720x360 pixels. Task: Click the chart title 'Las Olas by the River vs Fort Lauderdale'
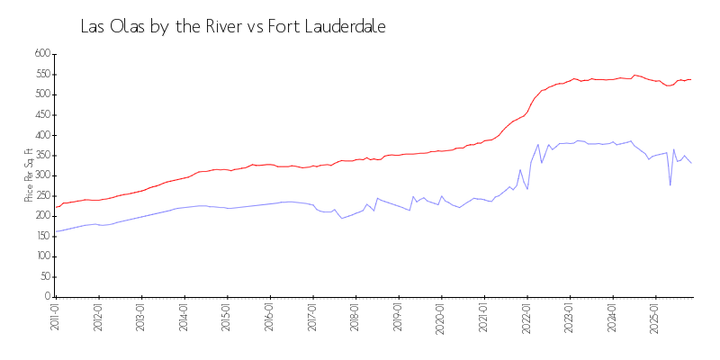233,27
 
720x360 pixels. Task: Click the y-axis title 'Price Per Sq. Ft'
29,176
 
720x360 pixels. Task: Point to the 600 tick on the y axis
40,54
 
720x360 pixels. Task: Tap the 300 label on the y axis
40,175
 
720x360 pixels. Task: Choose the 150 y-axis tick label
40,237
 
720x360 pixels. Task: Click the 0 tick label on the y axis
47,297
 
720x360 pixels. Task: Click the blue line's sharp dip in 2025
670,185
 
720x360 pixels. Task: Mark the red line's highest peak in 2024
634,76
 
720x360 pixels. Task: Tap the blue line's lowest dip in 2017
341,218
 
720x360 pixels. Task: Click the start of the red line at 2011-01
56,207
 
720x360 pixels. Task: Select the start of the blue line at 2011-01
56,231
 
